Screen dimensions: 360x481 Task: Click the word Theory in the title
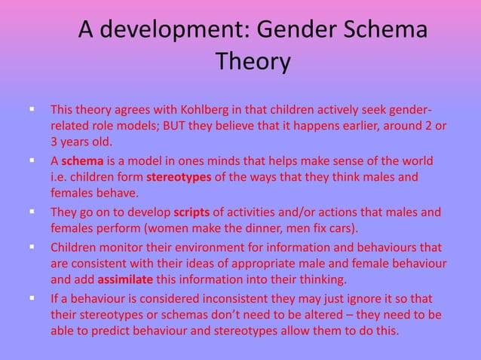click(x=253, y=61)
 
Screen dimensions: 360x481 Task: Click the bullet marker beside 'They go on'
click(x=32, y=212)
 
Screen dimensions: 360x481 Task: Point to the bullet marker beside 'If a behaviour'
click(x=32, y=298)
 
